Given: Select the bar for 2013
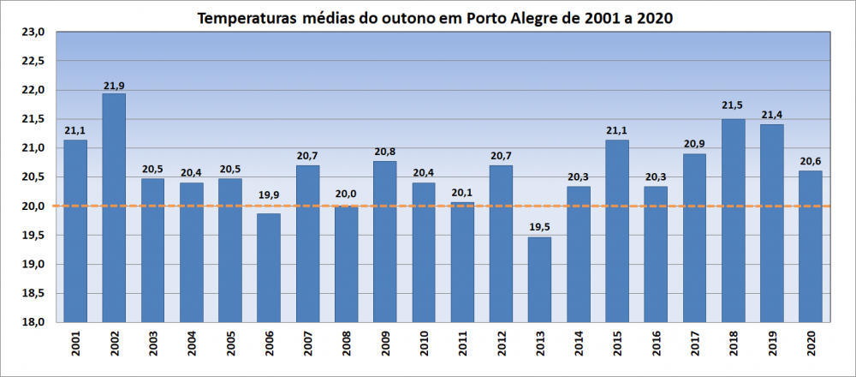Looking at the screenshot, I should coord(539,279).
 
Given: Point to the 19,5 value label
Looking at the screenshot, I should coord(539,227).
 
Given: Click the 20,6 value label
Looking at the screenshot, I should coord(811,160).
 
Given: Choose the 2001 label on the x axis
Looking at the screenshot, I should coord(75,346).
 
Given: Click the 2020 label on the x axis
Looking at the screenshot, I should coord(811,346).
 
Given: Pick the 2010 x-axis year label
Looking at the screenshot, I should coord(424,346).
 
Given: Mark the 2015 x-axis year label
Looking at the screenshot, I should coord(617,346).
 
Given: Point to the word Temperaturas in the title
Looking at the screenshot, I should coord(247,17).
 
